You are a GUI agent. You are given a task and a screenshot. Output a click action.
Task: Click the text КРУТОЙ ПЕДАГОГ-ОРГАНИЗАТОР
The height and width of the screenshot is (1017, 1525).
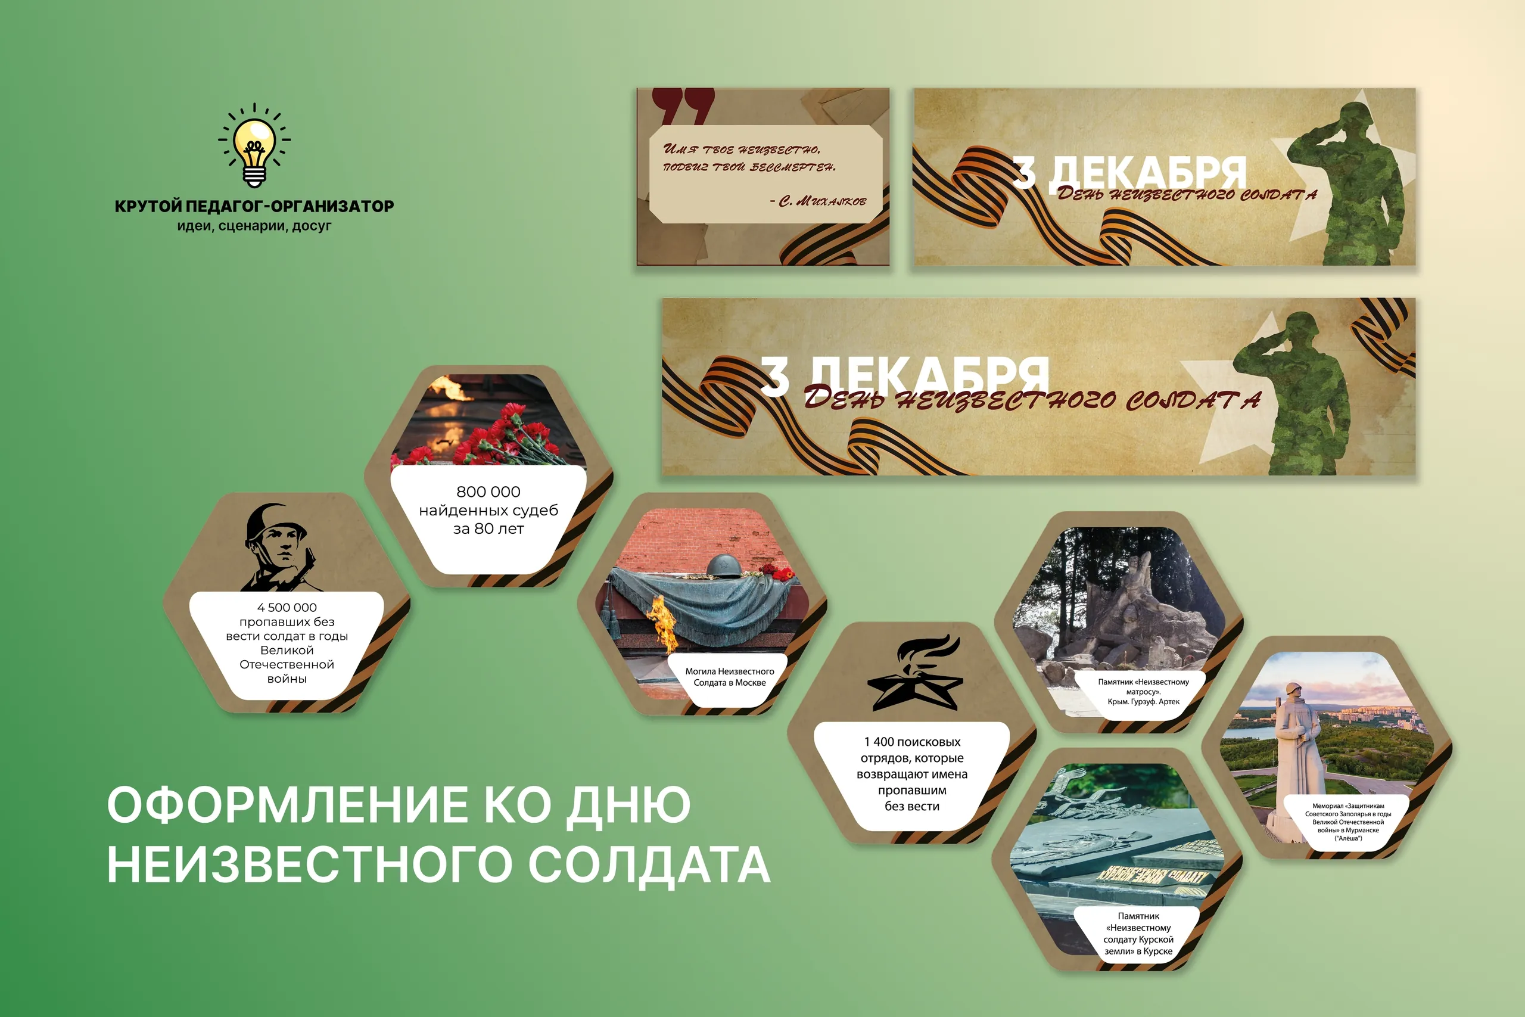(254, 206)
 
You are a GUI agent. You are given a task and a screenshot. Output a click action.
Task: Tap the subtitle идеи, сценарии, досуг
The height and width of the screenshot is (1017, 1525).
(254, 226)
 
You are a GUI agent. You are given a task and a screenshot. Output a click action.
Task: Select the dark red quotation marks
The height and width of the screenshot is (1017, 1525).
(683, 105)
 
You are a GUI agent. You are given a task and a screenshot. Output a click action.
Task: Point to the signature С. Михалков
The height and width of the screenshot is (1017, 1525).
(818, 201)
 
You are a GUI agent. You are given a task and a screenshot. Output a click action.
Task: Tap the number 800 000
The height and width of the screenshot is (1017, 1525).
(488, 492)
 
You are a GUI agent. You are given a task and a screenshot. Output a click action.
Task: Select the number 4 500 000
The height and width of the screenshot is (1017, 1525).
(287, 608)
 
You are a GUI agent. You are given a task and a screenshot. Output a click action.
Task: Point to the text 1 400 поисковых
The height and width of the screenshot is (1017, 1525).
(911, 742)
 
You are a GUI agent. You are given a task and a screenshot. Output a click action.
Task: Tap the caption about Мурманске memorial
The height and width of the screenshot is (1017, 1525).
(1348, 822)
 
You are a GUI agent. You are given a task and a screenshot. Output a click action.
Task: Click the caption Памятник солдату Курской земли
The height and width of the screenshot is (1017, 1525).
(1138, 934)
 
